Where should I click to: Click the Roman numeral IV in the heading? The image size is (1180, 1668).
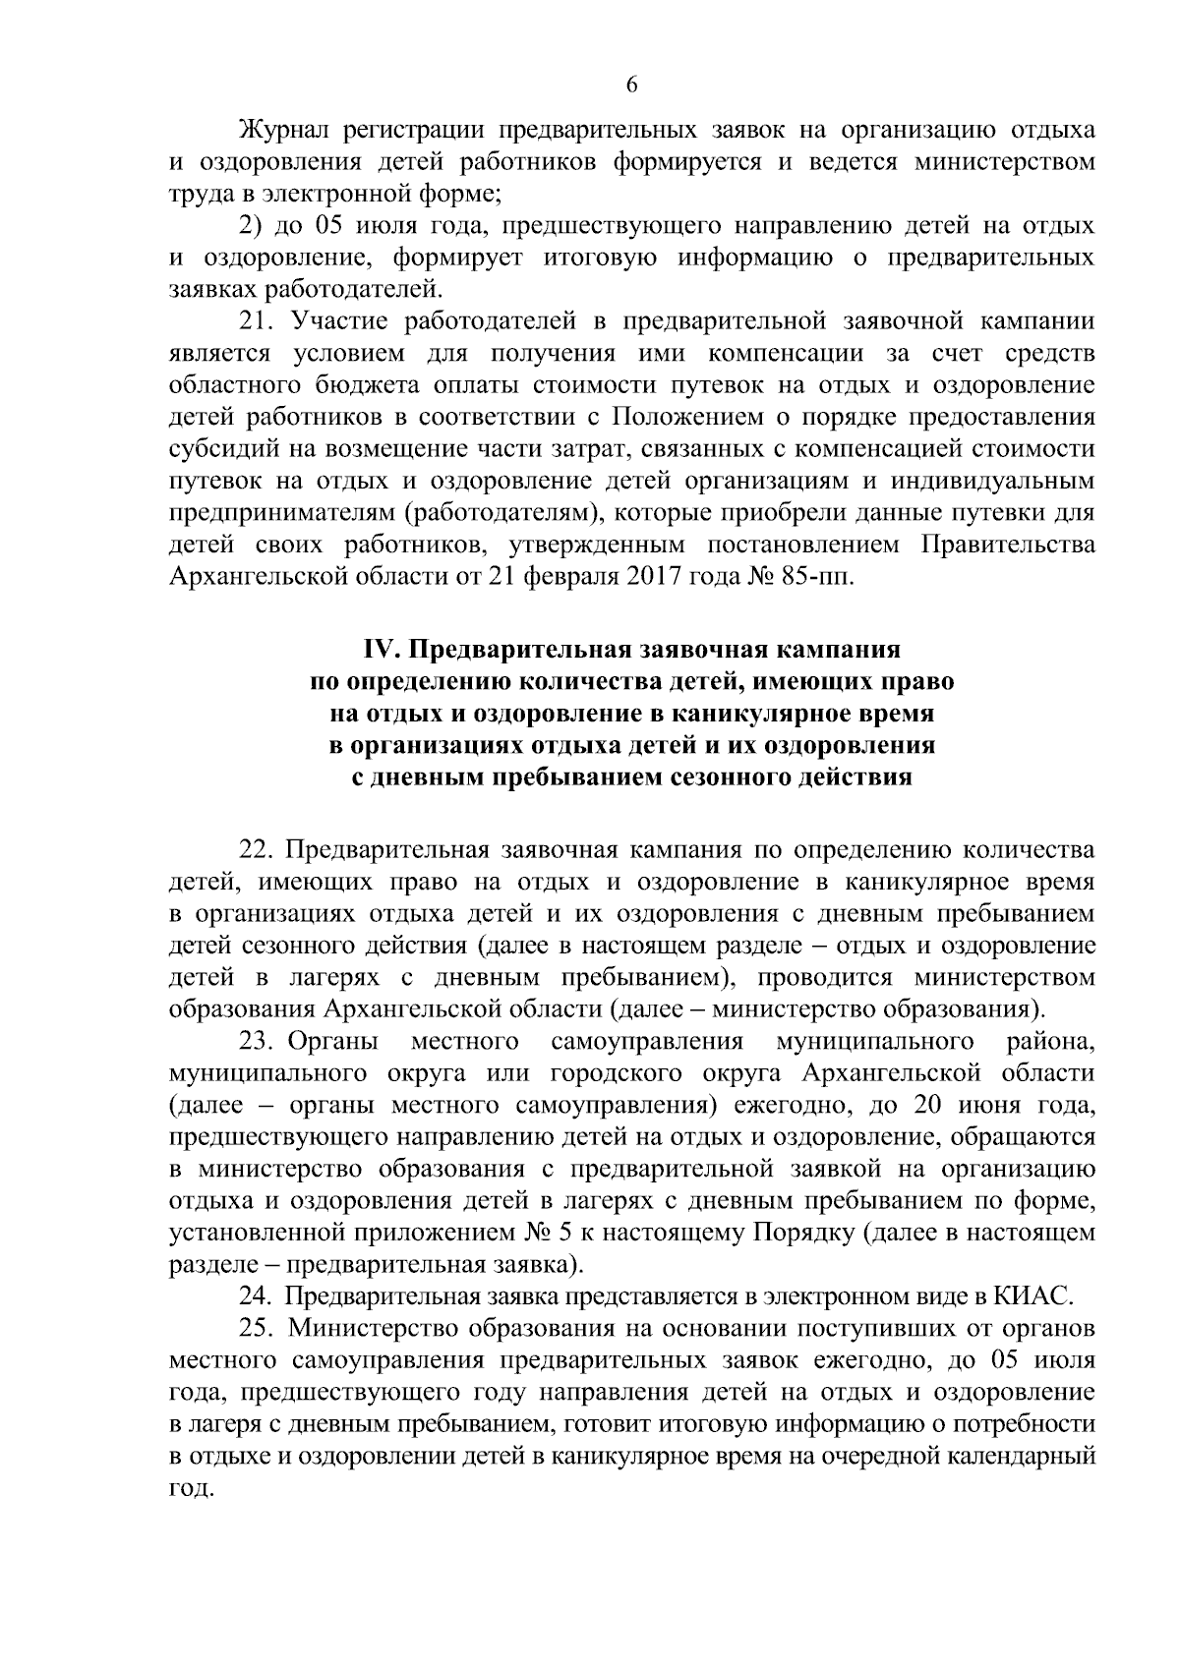click(380, 651)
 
